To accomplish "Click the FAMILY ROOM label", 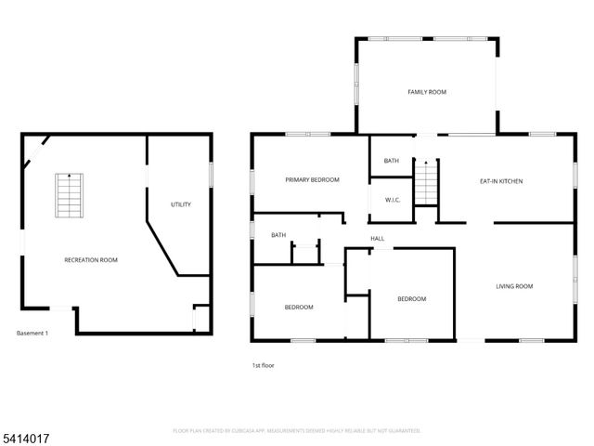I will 427,92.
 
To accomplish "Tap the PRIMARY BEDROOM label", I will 312,179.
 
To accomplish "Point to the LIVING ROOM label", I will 513,286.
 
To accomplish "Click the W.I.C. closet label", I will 392,199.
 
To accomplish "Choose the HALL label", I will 378,239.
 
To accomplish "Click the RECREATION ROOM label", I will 91,260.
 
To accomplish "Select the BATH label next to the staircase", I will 392,161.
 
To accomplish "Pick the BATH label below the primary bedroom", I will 278,235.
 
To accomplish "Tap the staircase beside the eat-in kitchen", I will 425,180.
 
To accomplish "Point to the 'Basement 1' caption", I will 32,333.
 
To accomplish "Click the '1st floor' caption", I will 264,365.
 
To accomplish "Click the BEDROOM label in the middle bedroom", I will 411,298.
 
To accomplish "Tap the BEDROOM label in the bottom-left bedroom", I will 298,307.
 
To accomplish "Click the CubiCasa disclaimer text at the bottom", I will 296,430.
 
